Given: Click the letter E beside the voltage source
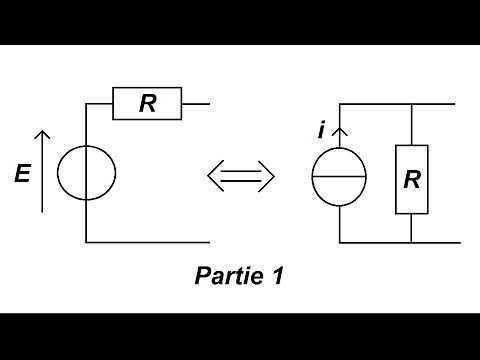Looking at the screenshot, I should (x=21, y=175).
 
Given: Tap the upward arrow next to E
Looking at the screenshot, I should (x=41, y=170).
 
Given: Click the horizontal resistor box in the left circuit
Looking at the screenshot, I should (x=147, y=103).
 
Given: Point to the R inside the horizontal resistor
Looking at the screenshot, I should (x=147, y=103).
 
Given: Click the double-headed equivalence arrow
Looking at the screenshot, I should (x=240, y=177).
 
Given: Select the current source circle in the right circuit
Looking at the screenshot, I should (x=340, y=178).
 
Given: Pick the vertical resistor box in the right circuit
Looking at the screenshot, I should (x=411, y=179).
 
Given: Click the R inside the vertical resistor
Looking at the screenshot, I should (x=411, y=180).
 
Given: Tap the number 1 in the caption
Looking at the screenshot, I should (x=276, y=276).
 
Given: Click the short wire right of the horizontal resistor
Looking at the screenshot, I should (x=197, y=103).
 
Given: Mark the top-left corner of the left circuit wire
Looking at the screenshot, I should (x=87, y=103).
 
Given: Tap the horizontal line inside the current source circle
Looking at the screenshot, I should (x=340, y=178).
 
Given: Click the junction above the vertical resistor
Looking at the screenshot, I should (x=411, y=104).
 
